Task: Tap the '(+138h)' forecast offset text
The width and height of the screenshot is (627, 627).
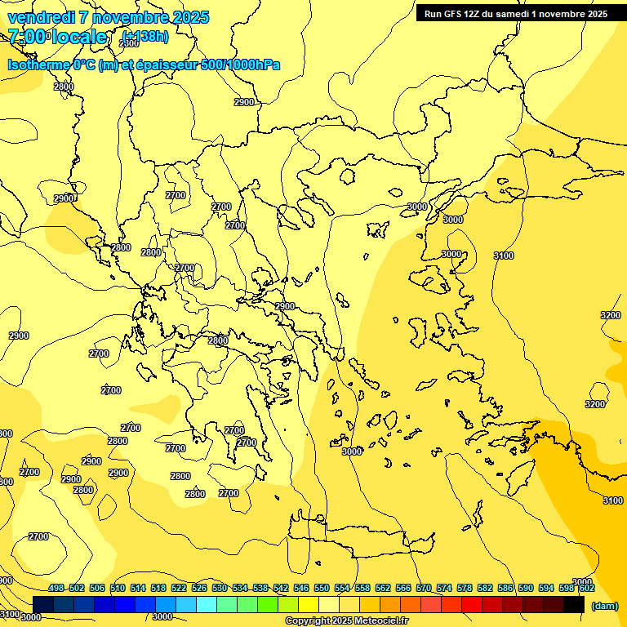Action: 146,36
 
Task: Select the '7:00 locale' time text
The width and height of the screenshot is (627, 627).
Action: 57,37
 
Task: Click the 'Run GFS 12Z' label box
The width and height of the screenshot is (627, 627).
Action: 515,14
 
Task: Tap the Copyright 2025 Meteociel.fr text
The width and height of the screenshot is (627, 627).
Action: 346,621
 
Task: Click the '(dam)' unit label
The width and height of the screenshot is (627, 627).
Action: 604,606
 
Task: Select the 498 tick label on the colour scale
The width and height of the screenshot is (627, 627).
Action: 56,588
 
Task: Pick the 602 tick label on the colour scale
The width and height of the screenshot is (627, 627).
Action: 586,588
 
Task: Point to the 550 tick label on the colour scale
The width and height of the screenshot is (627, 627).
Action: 322,588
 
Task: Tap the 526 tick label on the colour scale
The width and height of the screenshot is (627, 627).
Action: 199,588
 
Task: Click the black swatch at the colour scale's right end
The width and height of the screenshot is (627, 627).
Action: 575,605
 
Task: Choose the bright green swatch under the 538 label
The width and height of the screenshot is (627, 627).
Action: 268,605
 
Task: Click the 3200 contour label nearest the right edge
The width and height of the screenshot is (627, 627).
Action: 610,315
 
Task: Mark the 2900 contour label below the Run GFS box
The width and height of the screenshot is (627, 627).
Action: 244,102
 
